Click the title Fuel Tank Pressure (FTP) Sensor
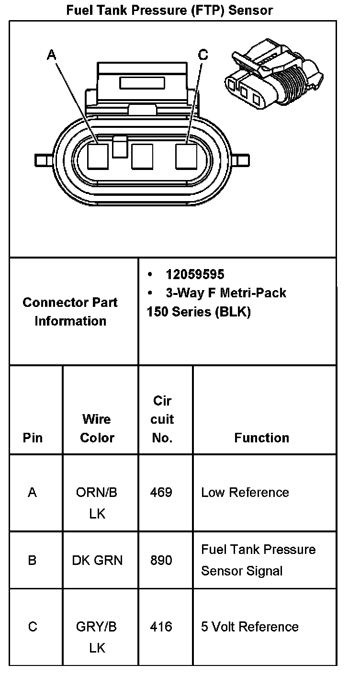(169, 10)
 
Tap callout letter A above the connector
(52, 56)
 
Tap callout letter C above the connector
(203, 56)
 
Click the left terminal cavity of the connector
(99, 156)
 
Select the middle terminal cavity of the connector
(142, 156)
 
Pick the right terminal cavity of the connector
(186, 156)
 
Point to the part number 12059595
(195, 274)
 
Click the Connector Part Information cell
(70, 312)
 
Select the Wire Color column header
(97, 428)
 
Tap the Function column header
(261, 438)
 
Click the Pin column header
(33, 438)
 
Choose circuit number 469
(161, 492)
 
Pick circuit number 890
(161, 560)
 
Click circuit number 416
(161, 627)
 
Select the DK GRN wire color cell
(97, 560)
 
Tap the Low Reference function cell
(245, 492)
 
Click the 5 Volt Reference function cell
(250, 627)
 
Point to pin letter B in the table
(32, 560)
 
